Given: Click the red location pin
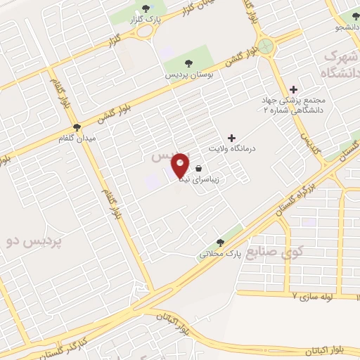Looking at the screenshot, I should tap(181, 166).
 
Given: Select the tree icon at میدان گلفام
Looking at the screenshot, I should tap(76, 127).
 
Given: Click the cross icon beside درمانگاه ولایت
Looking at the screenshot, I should tap(232, 138).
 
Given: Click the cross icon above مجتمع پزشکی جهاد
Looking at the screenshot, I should tap(294, 89).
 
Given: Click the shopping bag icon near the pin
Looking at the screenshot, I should tap(200, 169).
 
